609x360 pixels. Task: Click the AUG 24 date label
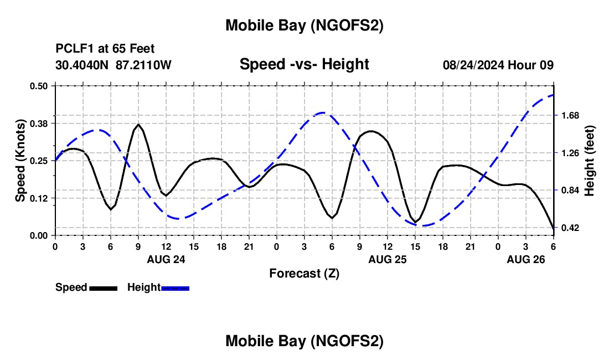click(x=166, y=259)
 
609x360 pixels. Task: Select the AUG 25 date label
click(x=387, y=259)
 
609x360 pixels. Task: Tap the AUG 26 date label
click(x=525, y=259)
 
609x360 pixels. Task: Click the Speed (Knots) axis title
click(x=20, y=161)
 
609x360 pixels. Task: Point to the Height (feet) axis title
click(x=590, y=161)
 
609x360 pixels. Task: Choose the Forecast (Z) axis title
click(x=304, y=273)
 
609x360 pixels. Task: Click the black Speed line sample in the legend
click(x=103, y=288)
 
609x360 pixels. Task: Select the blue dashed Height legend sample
click(x=176, y=288)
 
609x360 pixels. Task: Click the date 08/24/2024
click(x=473, y=65)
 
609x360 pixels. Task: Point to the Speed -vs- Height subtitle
click(x=304, y=64)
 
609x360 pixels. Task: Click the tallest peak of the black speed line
click(x=138, y=125)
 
